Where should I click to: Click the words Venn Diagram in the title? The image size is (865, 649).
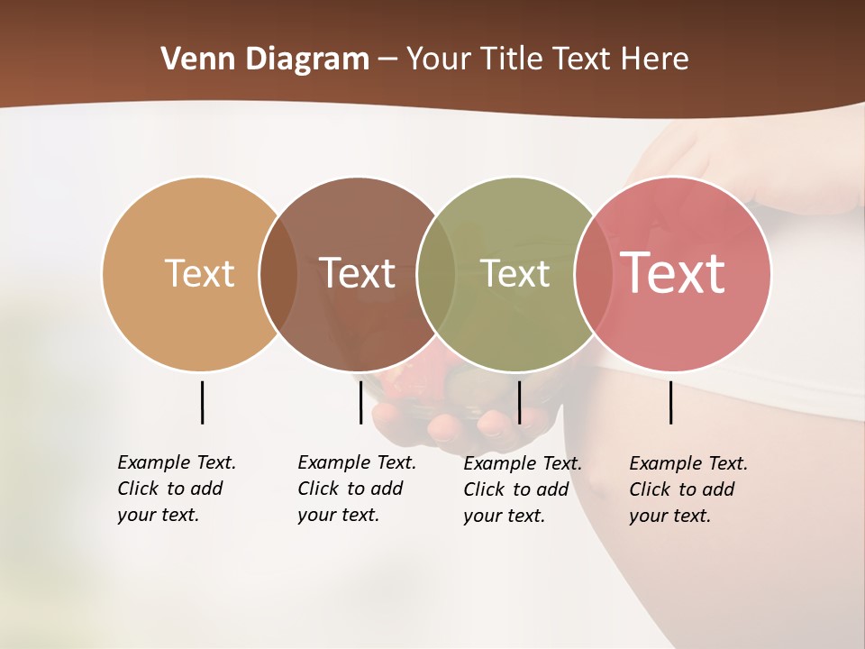pos(264,59)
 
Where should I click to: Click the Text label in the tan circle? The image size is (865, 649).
pos(199,273)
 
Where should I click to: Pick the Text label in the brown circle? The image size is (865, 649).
pos(358,273)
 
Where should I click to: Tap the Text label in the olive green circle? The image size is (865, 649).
pos(515,273)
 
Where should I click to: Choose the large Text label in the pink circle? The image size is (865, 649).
pos(672,273)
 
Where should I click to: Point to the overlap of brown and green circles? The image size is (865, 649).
pos(436,274)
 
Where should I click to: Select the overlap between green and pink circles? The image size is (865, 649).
pos(593,274)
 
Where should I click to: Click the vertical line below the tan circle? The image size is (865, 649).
pos(202,402)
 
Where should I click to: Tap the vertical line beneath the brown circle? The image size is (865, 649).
pos(360,402)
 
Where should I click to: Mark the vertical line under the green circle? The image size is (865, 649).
pos(519,402)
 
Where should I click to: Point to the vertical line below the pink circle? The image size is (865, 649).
pos(670,402)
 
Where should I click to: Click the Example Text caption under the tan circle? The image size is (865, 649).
pos(176,489)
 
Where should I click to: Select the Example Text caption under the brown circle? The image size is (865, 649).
pos(356,489)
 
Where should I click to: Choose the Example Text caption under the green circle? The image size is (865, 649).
pos(522,489)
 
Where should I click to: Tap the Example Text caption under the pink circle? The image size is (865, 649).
pos(687,489)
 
